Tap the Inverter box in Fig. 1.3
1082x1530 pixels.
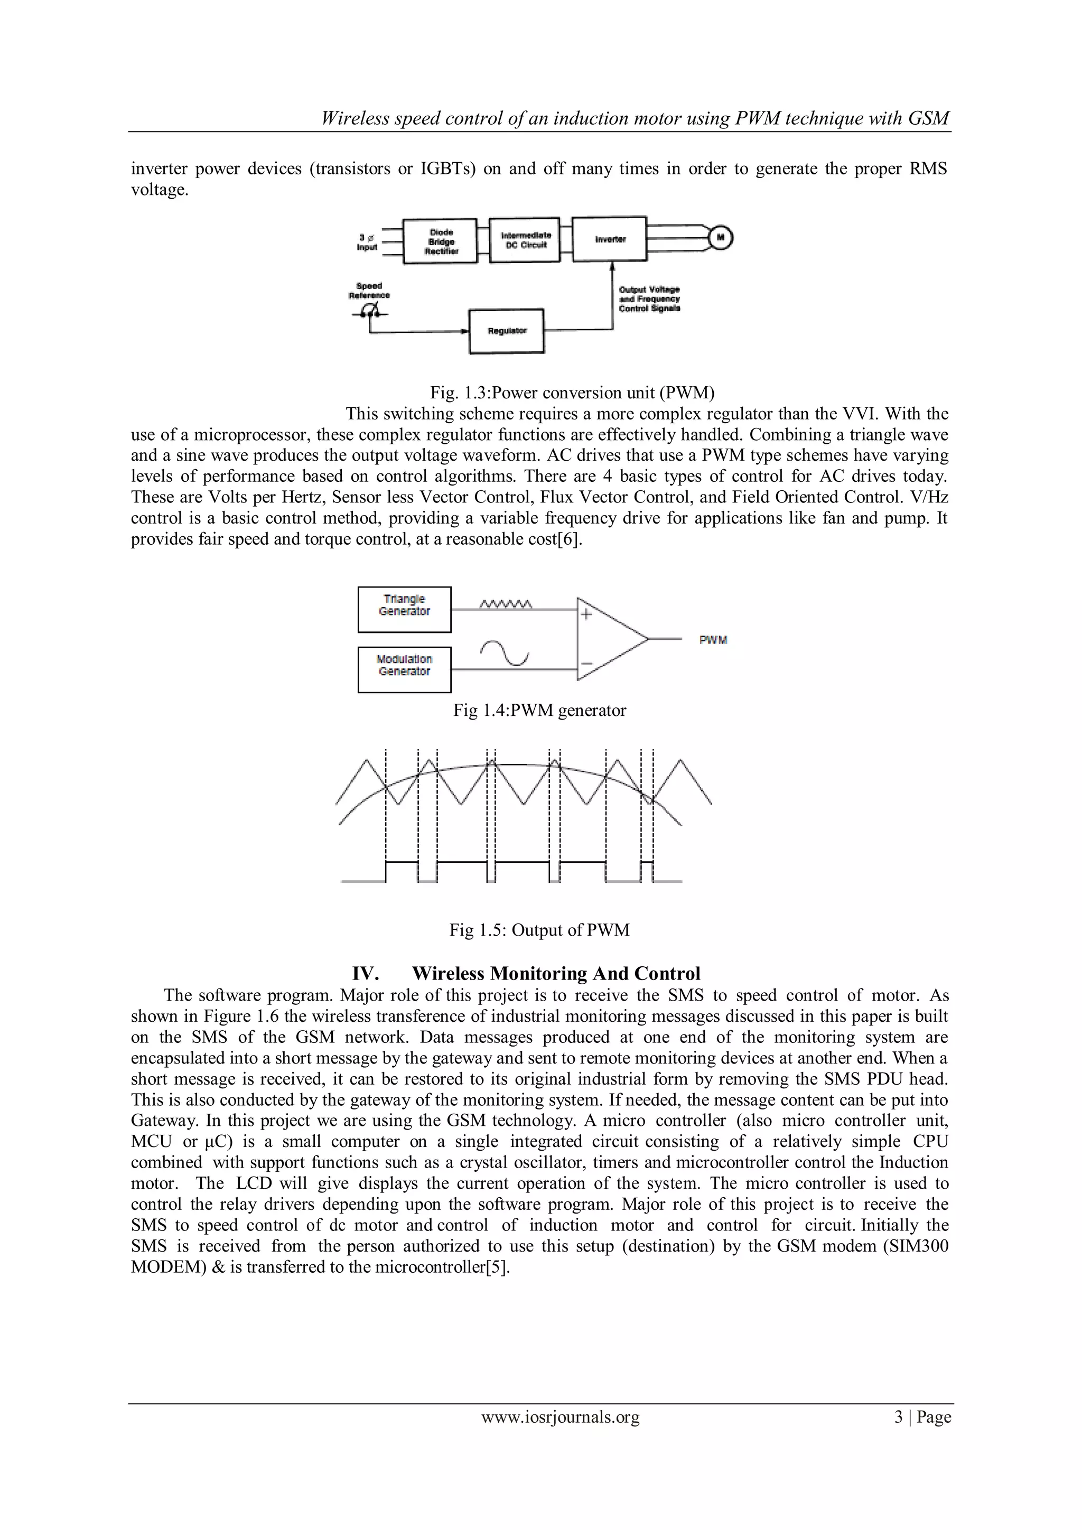click(610, 239)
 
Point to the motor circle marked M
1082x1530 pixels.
click(720, 237)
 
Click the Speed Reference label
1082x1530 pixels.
click(369, 291)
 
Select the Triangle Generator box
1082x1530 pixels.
click(404, 609)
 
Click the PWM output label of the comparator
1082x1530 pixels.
click(713, 640)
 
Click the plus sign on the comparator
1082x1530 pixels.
click(586, 614)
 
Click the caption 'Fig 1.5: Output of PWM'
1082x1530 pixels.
click(539, 930)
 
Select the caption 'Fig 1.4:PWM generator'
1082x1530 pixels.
click(539, 711)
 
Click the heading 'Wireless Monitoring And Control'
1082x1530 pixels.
click(556, 974)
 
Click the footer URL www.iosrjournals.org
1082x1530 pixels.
click(559, 1435)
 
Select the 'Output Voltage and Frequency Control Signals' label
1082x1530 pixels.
click(650, 299)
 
